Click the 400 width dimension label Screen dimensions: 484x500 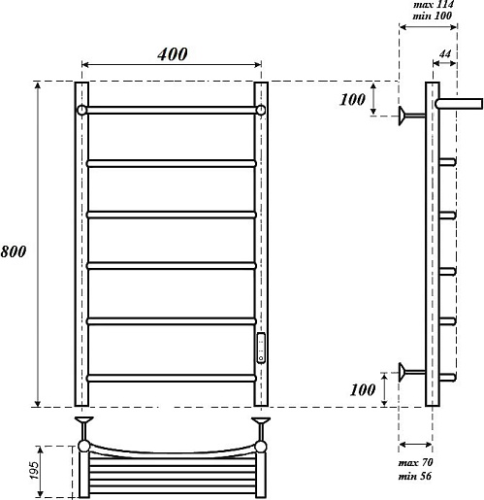(x=173, y=54)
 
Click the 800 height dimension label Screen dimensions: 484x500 (x=14, y=251)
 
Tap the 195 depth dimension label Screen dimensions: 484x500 (x=34, y=470)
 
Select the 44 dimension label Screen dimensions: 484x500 (x=445, y=53)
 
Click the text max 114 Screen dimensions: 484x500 (x=434, y=5)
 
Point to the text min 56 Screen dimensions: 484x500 (x=415, y=476)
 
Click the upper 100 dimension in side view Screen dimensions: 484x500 (x=352, y=99)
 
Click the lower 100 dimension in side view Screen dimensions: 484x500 (x=363, y=389)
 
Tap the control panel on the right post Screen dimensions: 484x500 (x=261, y=348)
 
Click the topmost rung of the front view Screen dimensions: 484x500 (x=172, y=110)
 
